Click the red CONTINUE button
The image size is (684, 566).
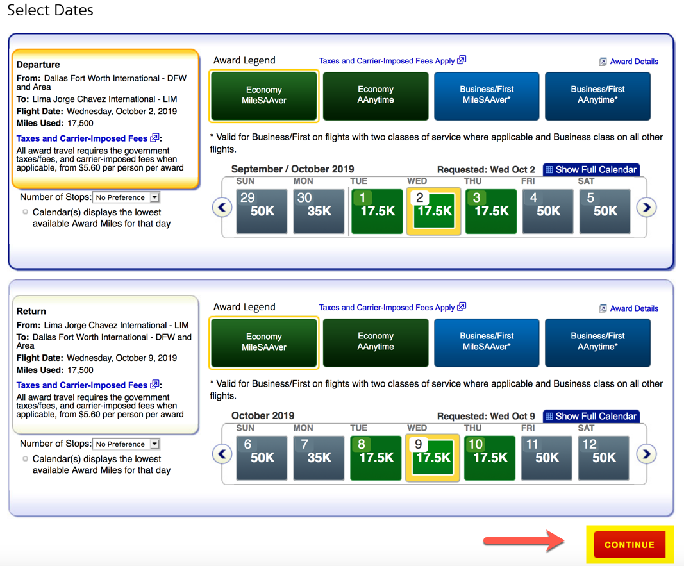click(630, 544)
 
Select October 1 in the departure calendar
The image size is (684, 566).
click(377, 211)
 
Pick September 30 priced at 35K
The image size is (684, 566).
click(319, 211)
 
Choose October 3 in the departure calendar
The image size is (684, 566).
click(491, 211)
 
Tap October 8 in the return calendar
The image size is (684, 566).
click(376, 458)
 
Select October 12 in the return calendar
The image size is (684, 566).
click(604, 458)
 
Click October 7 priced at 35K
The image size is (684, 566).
click(319, 458)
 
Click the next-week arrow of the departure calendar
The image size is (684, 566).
click(646, 208)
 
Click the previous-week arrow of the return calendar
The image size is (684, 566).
click(222, 454)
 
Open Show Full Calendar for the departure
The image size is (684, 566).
click(592, 170)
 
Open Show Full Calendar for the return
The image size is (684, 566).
click(592, 417)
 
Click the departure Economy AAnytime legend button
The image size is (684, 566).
click(376, 96)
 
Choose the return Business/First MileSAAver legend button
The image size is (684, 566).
click(487, 342)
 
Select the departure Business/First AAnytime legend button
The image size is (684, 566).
click(597, 96)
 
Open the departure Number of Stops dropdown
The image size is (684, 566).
click(126, 197)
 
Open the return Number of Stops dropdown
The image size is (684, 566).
click(126, 444)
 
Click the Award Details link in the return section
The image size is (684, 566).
click(629, 308)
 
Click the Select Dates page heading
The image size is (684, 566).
click(50, 10)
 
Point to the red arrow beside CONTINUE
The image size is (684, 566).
click(524, 541)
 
